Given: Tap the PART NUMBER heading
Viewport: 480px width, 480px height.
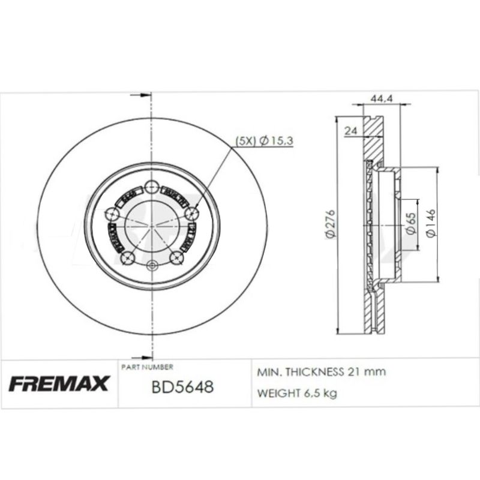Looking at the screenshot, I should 147,366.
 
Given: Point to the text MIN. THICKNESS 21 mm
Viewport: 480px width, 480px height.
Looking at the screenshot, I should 321,372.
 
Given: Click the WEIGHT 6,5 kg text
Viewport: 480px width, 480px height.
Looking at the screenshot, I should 297,394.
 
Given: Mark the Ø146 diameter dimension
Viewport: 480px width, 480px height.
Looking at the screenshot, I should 431,223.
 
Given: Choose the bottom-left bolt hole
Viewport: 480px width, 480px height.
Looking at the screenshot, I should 126,258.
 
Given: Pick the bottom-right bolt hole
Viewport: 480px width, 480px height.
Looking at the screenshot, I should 176,258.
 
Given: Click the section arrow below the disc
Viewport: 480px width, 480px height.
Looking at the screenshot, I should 144,355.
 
